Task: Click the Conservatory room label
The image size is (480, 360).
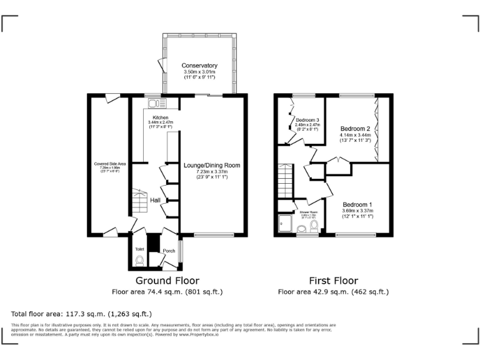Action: click(x=199, y=66)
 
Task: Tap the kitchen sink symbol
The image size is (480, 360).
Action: click(x=157, y=104)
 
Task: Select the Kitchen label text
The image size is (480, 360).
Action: click(x=161, y=117)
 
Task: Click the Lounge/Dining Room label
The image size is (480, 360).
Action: click(x=211, y=166)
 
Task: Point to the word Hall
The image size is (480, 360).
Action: click(x=156, y=201)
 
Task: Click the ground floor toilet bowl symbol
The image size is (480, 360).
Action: click(x=139, y=261)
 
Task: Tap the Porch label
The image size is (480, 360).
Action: click(x=169, y=251)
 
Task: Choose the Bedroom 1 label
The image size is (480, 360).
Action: click(x=357, y=204)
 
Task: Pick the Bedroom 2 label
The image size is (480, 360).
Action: click(x=355, y=128)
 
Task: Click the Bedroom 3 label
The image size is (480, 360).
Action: click(x=307, y=120)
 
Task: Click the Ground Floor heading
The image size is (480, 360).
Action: click(x=167, y=281)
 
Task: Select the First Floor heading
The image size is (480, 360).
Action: click(x=332, y=281)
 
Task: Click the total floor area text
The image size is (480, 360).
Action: click(x=81, y=314)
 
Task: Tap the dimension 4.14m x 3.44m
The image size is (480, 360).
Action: click(x=355, y=135)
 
